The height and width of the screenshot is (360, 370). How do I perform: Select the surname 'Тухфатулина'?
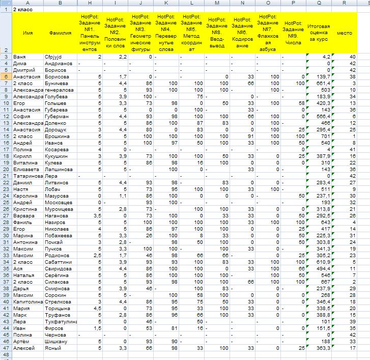60,322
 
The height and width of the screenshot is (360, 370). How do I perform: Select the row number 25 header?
5,202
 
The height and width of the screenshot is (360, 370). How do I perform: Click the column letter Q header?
319,3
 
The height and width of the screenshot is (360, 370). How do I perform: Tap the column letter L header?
192,3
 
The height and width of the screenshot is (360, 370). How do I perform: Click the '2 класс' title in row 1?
21,10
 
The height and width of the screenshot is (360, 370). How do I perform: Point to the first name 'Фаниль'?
22,222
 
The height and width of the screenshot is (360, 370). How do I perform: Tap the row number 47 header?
5,348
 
